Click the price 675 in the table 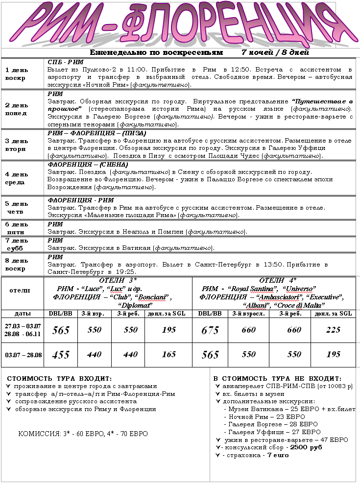[210, 330]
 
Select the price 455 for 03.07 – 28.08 [61, 355]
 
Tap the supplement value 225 [333, 330]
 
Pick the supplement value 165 [168, 354]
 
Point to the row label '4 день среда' [17, 177]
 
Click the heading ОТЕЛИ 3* [118, 280]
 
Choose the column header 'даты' [23, 313]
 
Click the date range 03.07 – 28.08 [23, 354]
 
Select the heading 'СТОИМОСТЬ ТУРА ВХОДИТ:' [59, 378]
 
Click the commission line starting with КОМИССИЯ [83, 434]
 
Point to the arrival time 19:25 [126, 271]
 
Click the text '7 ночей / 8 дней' [275, 52]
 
